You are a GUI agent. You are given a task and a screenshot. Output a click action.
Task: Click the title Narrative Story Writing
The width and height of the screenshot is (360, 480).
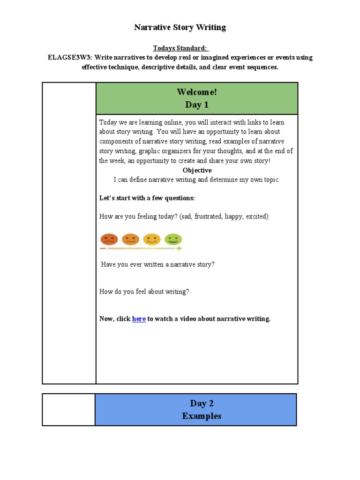pyautogui.click(x=180, y=28)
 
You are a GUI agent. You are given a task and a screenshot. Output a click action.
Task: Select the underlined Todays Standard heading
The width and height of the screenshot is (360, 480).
pyautogui.click(x=180, y=48)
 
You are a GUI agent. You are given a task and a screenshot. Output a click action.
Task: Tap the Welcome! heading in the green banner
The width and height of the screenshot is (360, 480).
pyautogui.click(x=197, y=92)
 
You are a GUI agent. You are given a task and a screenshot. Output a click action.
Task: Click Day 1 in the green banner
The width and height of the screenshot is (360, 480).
pyautogui.click(x=197, y=105)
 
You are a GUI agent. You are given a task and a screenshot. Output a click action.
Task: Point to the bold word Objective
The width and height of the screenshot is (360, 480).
pyautogui.click(x=197, y=171)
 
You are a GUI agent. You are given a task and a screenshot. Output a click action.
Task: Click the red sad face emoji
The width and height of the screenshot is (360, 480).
pyautogui.click(x=109, y=239)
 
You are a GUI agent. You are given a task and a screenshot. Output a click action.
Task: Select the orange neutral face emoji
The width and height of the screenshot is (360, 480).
pyautogui.click(x=130, y=239)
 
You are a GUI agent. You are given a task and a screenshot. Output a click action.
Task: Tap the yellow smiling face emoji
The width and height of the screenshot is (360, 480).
pyautogui.click(x=151, y=239)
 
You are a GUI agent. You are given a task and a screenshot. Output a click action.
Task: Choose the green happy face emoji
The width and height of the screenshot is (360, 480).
pyautogui.click(x=172, y=239)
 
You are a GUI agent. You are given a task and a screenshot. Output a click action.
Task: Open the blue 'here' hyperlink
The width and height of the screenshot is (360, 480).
pyautogui.click(x=139, y=319)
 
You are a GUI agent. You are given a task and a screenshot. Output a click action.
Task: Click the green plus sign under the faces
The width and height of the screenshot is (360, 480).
pyautogui.click(x=179, y=248)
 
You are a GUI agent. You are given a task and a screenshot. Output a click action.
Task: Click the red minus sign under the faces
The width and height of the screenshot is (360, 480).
pyautogui.click(x=103, y=248)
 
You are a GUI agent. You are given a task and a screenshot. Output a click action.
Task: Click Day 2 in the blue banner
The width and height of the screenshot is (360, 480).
pyautogui.click(x=202, y=404)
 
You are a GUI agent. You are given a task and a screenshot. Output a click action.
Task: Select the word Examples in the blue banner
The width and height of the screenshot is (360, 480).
pyautogui.click(x=202, y=416)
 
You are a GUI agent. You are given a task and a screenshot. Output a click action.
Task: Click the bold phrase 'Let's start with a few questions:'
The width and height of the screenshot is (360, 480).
pyautogui.click(x=147, y=198)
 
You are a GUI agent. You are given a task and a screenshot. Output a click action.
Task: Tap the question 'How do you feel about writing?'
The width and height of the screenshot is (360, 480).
pyautogui.click(x=144, y=292)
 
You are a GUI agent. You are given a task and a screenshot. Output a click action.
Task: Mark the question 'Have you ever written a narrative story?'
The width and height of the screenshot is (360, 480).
pyautogui.click(x=158, y=264)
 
